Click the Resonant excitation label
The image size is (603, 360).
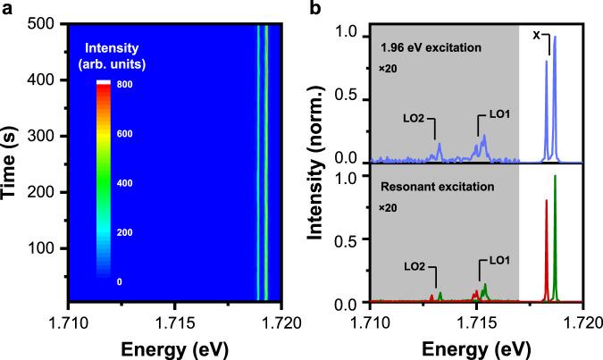click(x=428, y=188)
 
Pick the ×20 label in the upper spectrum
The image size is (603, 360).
click(x=387, y=68)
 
